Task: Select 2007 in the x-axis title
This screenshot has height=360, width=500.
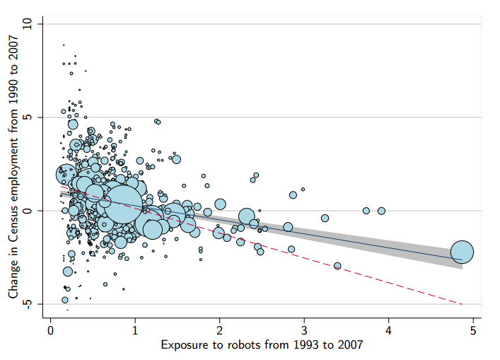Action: coord(349,345)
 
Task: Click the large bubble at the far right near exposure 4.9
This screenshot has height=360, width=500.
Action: coord(462,251)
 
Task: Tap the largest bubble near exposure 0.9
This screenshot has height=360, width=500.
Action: coord(124,204)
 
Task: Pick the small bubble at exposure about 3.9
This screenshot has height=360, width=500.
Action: coord(381,211)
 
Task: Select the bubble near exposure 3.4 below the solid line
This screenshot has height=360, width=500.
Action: coord(337,266)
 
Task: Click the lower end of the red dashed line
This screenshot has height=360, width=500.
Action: coord(461,304)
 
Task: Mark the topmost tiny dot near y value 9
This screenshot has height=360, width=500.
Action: coord(64,45)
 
